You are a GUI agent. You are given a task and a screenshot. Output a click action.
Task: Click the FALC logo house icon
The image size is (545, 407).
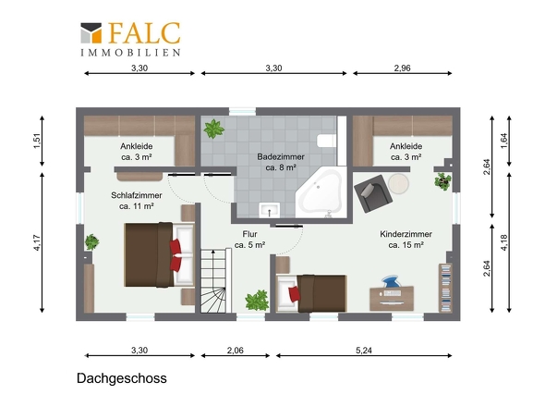(91, 33)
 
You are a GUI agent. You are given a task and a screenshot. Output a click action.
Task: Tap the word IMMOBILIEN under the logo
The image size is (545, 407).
(130, 53)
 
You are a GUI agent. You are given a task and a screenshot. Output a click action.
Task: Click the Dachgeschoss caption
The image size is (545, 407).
(122, 378)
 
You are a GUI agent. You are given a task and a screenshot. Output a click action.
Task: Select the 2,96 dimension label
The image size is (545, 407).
(402, 68)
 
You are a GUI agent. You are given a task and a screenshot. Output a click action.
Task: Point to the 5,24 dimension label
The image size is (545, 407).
(364, 351)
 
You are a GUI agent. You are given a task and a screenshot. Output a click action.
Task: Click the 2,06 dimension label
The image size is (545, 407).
(236, 351)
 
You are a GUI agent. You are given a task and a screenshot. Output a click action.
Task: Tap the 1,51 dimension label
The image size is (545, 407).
(37, 141)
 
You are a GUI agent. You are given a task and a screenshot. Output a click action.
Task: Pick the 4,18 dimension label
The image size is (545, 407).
(504, 242)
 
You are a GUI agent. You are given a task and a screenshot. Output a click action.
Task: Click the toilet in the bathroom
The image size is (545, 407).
(327, 141)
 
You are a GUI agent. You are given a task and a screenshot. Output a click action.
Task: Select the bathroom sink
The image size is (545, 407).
(270, 210)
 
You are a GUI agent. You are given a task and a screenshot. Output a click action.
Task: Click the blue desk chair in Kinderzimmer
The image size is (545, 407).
(392, 282)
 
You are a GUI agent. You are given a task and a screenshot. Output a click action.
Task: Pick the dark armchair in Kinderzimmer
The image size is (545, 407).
(373, 193)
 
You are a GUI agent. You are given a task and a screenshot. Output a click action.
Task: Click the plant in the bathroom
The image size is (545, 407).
(213, 129)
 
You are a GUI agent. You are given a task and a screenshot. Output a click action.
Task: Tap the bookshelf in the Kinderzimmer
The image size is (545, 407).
(445, 288)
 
